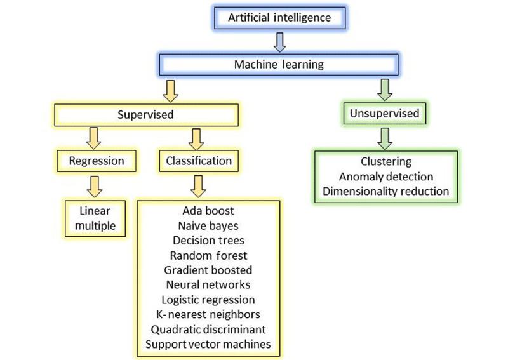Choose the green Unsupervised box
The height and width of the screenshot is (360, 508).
384,114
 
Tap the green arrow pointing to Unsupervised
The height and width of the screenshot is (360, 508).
384,90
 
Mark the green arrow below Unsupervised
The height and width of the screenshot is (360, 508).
384,137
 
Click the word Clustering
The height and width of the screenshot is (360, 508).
386,162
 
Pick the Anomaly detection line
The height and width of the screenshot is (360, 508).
386,177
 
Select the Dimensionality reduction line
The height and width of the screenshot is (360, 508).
386,191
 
